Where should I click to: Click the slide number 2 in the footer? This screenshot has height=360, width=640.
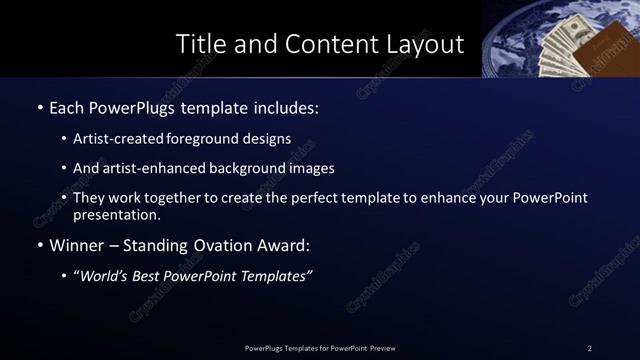click(x=590, y=347)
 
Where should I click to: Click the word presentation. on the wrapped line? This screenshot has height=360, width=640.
click(x=116, y=214)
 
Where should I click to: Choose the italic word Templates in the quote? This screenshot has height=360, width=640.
click(x=273, y=277)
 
